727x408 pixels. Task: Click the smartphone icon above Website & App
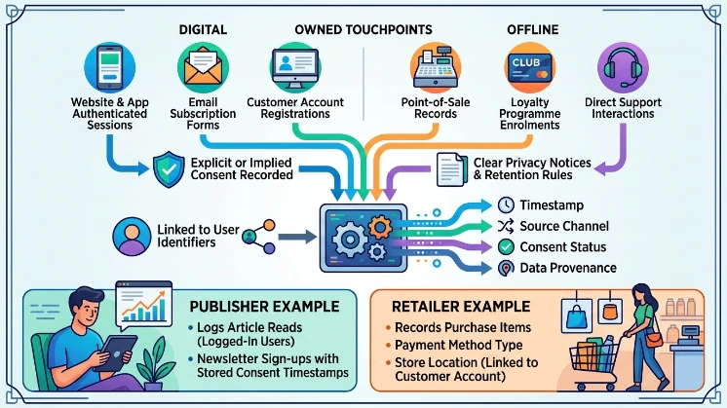pos(110,67)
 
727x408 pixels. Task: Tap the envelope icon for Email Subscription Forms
pos(203,67)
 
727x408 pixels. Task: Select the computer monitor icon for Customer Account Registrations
pos(295,67)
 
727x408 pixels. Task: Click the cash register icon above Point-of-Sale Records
pos(436,67)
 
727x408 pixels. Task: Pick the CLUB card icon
pos(529,67)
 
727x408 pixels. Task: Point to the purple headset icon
pos(623,67)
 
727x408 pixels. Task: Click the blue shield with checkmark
pos(169,169)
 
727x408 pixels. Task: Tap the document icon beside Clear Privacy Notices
pos(451,169)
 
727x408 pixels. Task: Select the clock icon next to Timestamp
pos(506,204)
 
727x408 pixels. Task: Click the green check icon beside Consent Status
pos(506,246)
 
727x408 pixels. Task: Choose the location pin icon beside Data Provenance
pos(506,268)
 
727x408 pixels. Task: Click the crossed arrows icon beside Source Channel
pos(506,226)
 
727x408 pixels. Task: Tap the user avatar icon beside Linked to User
pos(132,237)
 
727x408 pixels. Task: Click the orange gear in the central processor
pos(380,227)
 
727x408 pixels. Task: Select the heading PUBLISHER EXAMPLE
pos(264,307)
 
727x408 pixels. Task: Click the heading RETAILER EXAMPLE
pos(461,307)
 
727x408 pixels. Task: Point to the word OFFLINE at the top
pos(533,29)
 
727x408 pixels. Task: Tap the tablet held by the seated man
pos(115,352)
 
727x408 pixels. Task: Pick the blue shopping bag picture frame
pos(576,315)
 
